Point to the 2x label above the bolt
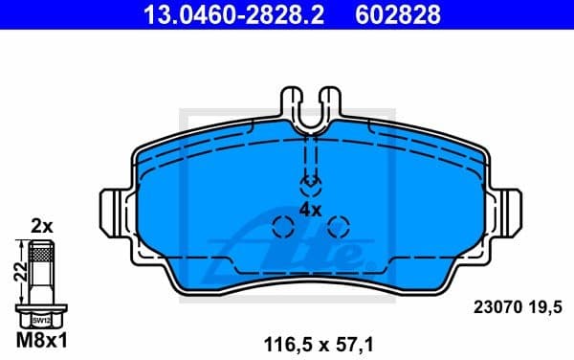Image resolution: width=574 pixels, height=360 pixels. [41, 227]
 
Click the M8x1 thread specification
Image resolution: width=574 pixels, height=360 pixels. [41, 340]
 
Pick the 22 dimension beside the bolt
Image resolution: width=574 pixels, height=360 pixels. [17, 272]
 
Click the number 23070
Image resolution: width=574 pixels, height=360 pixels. [497, 309]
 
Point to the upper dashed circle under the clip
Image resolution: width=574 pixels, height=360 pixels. [311, 184]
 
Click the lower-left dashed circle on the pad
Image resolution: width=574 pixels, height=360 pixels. [283, 226]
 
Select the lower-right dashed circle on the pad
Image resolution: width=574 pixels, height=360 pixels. [338, 226]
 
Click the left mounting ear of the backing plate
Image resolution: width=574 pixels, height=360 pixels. [114, 209]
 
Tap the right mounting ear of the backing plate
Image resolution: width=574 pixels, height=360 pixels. [508, 209]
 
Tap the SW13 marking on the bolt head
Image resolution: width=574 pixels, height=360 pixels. [41, 320]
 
